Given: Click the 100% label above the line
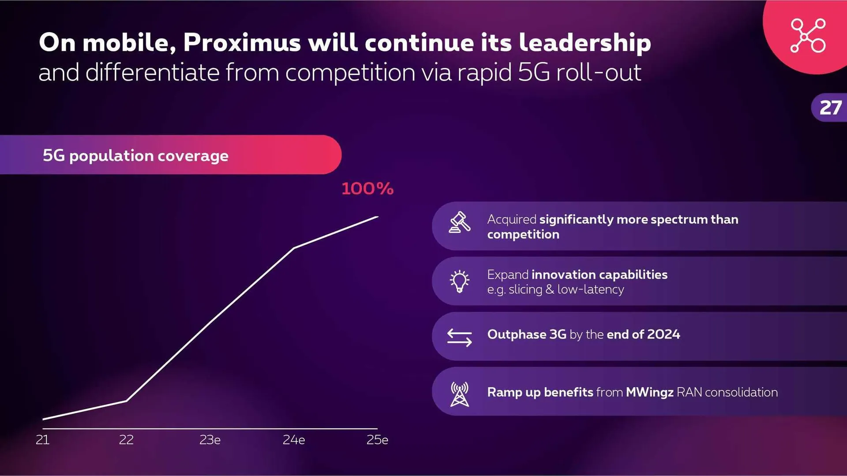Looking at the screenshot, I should (367, 189).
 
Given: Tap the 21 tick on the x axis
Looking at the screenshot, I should (42, 439).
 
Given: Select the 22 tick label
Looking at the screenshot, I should (126, 439).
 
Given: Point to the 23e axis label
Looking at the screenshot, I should (210, 439).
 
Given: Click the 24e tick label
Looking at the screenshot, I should (294, 439).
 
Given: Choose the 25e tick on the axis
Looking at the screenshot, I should (377, 439).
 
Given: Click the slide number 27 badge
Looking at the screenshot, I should (830, 108).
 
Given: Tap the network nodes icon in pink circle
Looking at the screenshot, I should (808, 35).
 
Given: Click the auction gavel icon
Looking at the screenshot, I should (459, 222).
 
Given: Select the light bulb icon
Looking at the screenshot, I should (459, 281).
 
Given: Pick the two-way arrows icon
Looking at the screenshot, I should (459, 337).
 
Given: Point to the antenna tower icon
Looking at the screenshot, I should (459, 394).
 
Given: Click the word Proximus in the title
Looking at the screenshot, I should (242, 43).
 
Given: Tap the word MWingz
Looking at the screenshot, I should (649, 392).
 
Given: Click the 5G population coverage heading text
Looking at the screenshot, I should (135, 156).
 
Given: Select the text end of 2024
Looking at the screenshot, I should (643, 335).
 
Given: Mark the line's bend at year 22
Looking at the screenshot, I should (127, 401).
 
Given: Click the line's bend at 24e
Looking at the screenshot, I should (294, 248).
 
